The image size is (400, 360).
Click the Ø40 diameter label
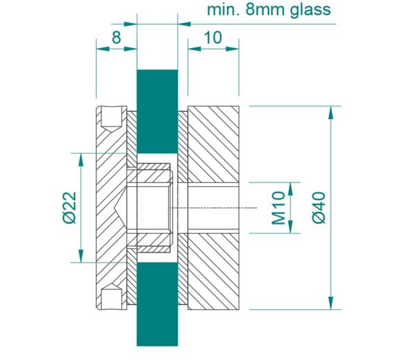coord(319,208)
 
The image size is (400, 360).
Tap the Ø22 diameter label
coord(69,208)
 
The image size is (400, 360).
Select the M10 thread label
coord(278,208)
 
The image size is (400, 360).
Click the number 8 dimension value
coord(117,38)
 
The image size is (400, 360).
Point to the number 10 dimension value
coord(213,38)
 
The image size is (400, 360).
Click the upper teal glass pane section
coord(158,111)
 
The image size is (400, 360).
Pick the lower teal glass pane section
coord(158,304)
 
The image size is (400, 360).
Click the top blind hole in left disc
coord(111,119)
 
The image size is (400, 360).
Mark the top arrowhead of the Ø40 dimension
coord(331,113)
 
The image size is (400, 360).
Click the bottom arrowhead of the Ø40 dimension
coord(331,303)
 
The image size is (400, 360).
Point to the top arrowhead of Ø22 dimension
coord(81,160)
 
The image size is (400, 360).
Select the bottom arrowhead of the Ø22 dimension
coord(81,256)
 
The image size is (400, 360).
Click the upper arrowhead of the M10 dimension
coord(290,189)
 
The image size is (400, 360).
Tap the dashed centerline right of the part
coord(214,208)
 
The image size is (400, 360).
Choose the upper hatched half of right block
coord(213,145)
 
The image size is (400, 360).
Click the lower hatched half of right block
coord(213,272)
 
